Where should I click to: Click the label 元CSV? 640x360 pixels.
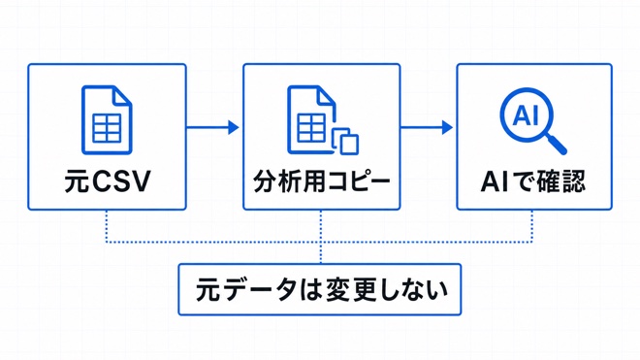pyautogui.click(x=108, y=181)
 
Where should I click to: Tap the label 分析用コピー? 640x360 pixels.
pyautogui.click(x=321, y=181)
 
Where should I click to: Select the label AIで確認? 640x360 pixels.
pyautogui.click(x=533, y=181)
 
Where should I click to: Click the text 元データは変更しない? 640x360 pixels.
pyautogui.click(x=321, y=289)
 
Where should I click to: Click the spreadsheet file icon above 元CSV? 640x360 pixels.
pyautogui.click(x=107, y=119)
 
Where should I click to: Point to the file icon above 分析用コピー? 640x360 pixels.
pyautogui.click(x=323, y=119)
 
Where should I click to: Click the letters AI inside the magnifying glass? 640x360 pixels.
pyautogui.click(x=526, y=115)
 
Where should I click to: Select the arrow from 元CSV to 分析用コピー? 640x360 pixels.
pyautogui.click(x=212, y=127)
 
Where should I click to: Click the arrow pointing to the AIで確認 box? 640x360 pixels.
pyautogui.click(x=426, y=127)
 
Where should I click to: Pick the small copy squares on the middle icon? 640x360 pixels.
pyautogui.click(x=346, y=142)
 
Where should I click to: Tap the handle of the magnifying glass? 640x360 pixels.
pyautogui.click(x=557, y=145)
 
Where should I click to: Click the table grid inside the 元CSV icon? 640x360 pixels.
pyautogui.click(x=107, y=128)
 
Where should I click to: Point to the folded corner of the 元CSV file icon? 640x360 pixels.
pyautogui.click(x=122, y=96)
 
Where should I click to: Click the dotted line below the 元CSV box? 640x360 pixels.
pyautogui.click(x=106, y=226)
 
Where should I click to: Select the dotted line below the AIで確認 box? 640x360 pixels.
pyautogui.click(x=531, y=226)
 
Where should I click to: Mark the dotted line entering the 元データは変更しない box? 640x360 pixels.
pyautogui.click(x=321, y=253)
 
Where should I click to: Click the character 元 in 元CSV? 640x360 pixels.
pyautogui.click(x=77, y=181)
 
